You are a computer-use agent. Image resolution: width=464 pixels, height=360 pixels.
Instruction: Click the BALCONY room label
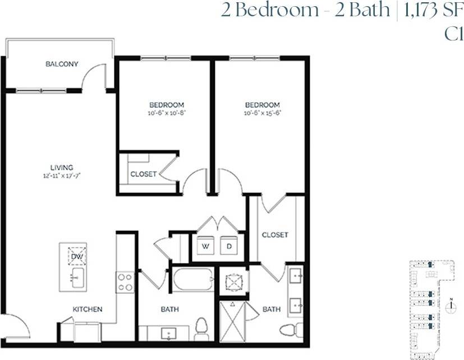(62, 64)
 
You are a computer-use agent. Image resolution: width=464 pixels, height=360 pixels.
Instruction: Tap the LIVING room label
(62, 167)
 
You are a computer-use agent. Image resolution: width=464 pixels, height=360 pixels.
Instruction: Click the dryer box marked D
(229, 245)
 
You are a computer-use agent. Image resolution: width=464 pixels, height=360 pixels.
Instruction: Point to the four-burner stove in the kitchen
(125, 282)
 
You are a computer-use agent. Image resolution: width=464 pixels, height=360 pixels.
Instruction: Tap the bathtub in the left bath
(192, 279)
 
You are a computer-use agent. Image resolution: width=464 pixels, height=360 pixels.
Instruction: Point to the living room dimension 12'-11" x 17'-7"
(62, 175)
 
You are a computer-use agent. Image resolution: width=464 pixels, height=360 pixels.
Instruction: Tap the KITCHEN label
(87, 309)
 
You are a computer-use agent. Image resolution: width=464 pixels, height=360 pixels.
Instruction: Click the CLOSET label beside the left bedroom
(143, 174)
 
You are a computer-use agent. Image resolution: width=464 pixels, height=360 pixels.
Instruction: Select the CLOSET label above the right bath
(275, 234)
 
